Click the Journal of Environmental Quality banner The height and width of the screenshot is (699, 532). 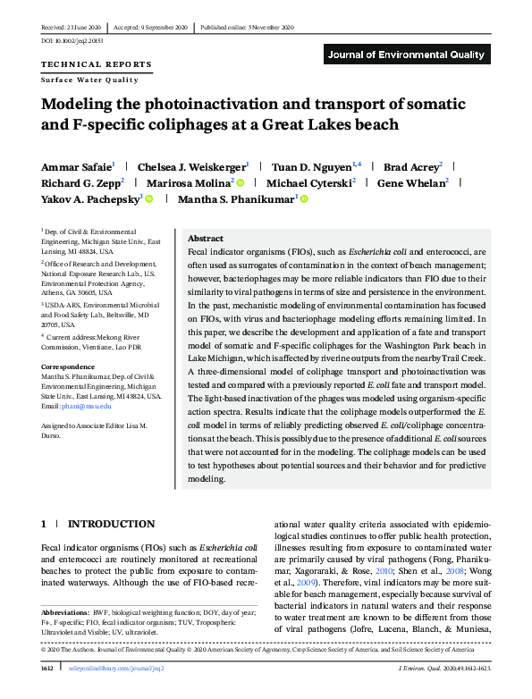407,55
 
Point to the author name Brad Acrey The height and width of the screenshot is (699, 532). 410,166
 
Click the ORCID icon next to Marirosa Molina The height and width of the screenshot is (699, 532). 240,183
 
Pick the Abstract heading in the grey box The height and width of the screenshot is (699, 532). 206,239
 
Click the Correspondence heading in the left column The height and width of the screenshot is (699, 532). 71,366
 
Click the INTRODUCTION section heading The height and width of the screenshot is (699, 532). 112,524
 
